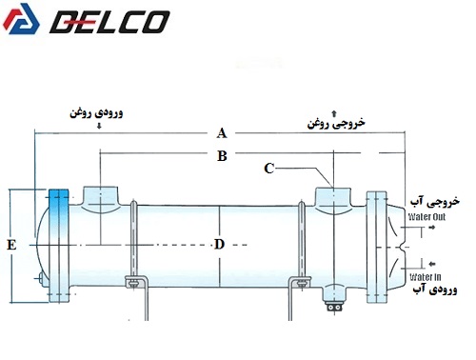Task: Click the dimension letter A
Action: click(x=222, y=133)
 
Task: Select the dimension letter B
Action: click(x=222, y=156)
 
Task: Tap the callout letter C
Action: click(x=269, y=169)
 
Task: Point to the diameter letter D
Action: click(x=219, y=245)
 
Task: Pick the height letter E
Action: click(x=11, y=245)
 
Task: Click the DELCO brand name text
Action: click(x=110, y=22)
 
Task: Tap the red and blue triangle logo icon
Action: click(x=21, y=19)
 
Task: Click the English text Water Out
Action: click(x=426, y=217)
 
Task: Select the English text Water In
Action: click(x=426, y=277)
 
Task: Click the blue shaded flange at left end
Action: click(x=59, y=246)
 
